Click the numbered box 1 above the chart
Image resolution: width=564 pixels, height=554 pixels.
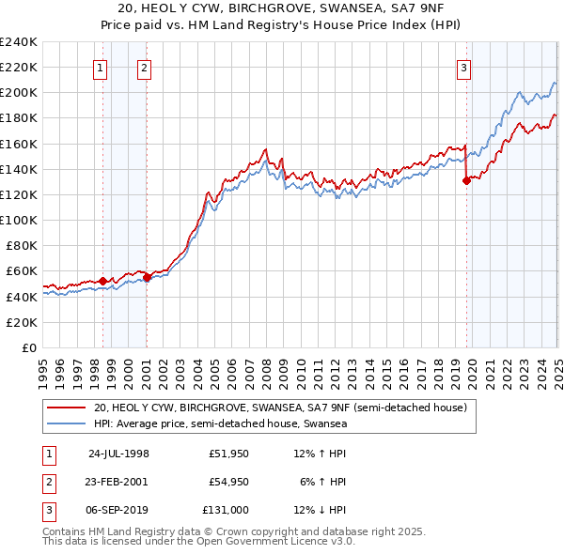(x=100, y=67)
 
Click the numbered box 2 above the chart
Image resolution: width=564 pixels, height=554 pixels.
(x=144, y=67)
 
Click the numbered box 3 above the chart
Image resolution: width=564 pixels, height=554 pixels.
(x=464, y=67)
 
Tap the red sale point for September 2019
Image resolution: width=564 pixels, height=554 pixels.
(x=466, y=181)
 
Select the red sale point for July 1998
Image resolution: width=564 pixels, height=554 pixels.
(x=102, y=281)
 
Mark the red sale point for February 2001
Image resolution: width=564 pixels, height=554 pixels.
(x=147, y=277)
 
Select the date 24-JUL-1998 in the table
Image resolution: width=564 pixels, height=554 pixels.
(x=118, y=454)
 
